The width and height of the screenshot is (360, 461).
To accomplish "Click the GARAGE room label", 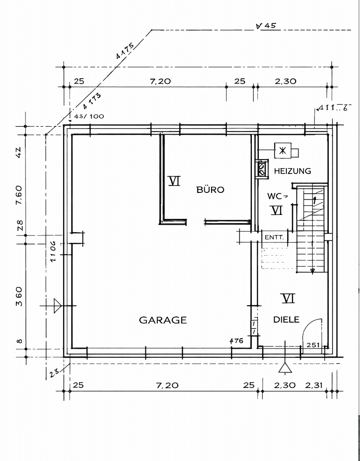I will click(163, 320).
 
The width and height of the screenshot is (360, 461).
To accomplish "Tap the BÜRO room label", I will click(210, 189).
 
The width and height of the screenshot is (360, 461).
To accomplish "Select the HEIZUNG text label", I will click(292, 171).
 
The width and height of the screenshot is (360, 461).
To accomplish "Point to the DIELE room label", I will click(286, 320).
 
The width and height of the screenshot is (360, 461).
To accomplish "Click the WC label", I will click(274, 196).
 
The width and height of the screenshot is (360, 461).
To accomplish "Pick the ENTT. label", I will click(274, 237).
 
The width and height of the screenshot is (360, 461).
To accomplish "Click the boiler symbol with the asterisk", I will click(283, 151).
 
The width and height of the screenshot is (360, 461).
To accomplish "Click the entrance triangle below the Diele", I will click(285, 368).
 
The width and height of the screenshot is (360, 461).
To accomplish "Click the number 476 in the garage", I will click(237, 340).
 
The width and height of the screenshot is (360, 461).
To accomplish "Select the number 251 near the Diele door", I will click(312, 345).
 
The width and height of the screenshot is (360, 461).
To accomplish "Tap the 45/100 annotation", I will click(89, 116).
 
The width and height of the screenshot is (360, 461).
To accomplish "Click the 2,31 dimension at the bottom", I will click(314, 385).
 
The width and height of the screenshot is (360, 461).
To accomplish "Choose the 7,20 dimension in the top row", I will click(161, 81).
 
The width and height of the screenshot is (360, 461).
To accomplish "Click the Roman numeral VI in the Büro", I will click(174, 180).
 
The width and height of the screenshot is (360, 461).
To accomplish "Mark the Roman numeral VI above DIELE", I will click(288, 298).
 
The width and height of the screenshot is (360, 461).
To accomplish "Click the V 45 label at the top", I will click(266, 26).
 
